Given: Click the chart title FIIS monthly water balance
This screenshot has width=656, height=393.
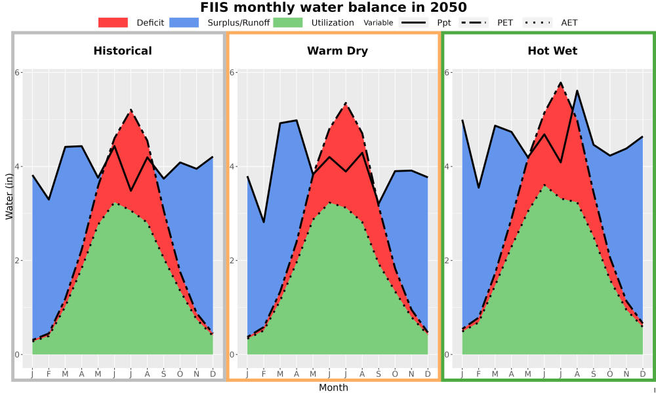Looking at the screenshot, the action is click(333, 7).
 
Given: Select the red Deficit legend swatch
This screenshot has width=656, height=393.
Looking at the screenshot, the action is click(113, 22).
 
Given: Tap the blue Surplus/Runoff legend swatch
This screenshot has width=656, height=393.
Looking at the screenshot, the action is click(184, 22).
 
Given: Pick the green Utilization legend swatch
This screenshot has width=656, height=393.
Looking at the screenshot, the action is click(288, 22).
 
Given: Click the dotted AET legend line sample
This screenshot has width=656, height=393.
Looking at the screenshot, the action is click(537, 22).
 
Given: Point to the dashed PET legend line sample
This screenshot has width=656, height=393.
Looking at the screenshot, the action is click(473, 22).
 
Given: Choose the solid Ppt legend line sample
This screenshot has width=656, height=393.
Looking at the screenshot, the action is click(413, 22).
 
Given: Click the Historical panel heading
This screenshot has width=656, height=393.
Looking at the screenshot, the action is click(123, 51).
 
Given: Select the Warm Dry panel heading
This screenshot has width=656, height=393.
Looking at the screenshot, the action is click(337, 51).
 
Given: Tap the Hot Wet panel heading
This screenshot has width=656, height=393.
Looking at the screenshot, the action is click(552, 51).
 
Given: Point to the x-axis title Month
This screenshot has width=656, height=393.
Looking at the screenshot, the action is click(333, 388).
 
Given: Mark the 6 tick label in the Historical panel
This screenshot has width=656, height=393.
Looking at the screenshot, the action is click(18, 72).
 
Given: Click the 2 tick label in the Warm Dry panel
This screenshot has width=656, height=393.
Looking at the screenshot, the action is click(232, 260).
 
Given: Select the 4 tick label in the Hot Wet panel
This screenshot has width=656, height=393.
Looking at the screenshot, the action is click(447, 166).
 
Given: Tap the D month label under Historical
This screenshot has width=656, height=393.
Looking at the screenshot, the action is click(213, 374).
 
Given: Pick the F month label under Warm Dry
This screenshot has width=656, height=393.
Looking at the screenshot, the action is click(264, 374).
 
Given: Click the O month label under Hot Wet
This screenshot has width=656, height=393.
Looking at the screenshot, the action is click(609, 374).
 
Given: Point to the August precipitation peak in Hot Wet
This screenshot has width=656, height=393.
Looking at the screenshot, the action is click(577, 90).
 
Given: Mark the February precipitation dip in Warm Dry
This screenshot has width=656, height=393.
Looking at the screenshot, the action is click(264, 222).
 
